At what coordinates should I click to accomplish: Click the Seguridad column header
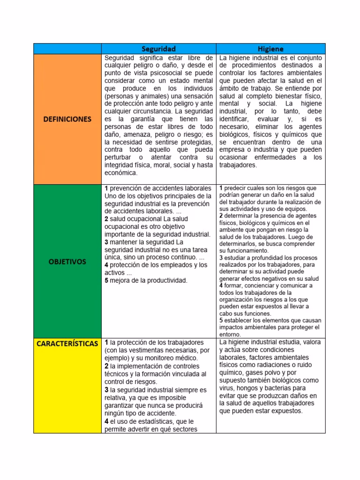(158, 49)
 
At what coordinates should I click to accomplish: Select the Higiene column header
(270, 49)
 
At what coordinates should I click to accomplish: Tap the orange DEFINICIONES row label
(67, 119)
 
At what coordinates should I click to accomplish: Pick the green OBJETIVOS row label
(67, 262)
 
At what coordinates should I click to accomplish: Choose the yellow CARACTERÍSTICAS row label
(67, 344)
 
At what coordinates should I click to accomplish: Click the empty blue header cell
(67, 49)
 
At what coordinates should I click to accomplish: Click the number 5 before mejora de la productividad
(106, 281)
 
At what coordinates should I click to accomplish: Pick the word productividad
(167, 281)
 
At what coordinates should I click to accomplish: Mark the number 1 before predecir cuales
(221, 188)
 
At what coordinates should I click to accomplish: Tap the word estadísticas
(153, 421)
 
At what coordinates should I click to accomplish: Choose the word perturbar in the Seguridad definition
(119, 157)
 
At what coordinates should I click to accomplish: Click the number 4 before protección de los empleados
(106, 265)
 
